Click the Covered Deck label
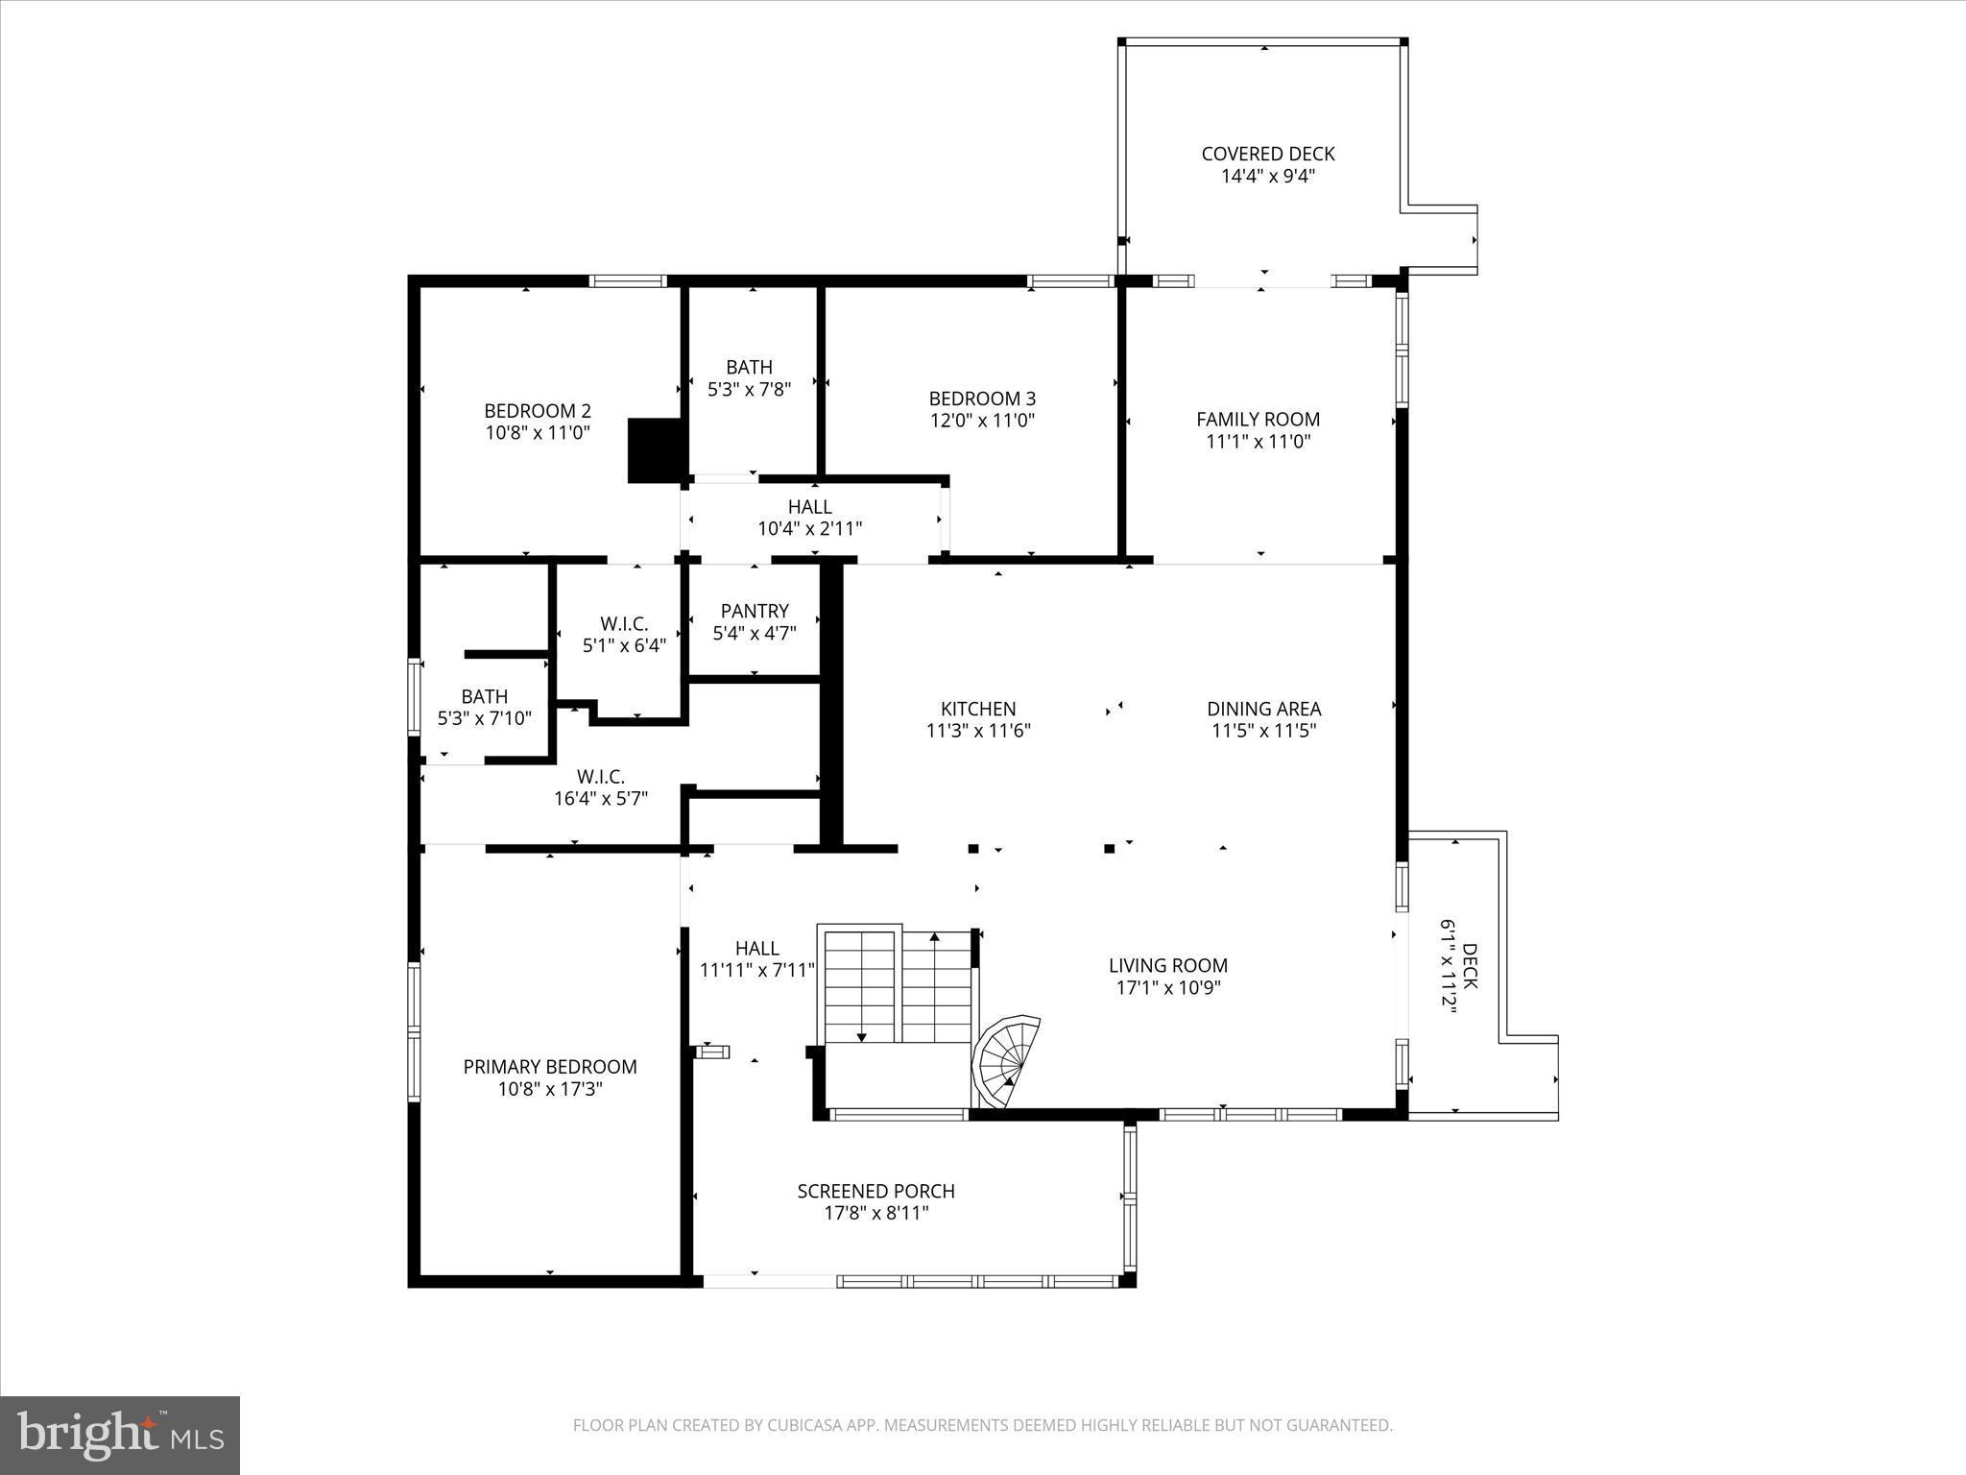(x=1267, y=154)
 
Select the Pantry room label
(x=755, y=611)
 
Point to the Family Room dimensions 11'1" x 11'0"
(x=1258, y=442)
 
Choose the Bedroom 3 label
(x=982, y=398)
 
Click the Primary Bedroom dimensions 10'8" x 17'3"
(x=549, y=1089)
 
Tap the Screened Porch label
(x=875, y=1191)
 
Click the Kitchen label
(x=977, y=709)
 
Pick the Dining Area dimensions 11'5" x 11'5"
(x=1263, y=731)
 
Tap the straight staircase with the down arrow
(x=860, y=984)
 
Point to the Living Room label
(x=1167, y=965)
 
